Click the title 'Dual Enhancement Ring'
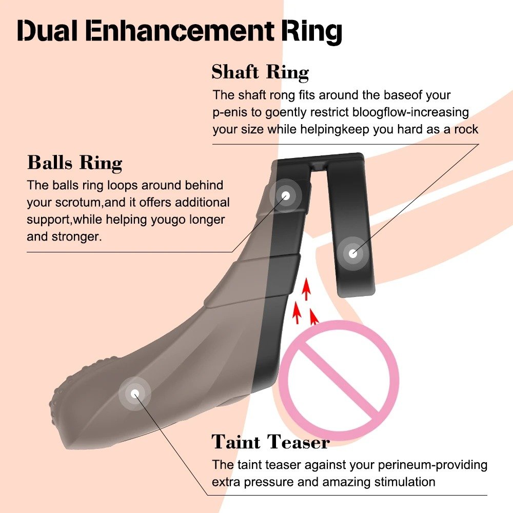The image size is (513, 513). point(180,31)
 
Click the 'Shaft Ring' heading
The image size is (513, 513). point(260,72)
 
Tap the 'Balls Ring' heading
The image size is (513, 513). point(74,163)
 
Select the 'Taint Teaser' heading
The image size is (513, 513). point(270,442)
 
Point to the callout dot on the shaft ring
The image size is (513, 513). point(352,253)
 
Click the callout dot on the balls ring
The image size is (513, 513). point(286,195)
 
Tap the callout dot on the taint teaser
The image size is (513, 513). point(134,393)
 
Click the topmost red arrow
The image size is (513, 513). point(306,289)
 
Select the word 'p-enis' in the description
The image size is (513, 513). point(230,113)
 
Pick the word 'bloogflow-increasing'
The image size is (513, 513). point(410,112)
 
